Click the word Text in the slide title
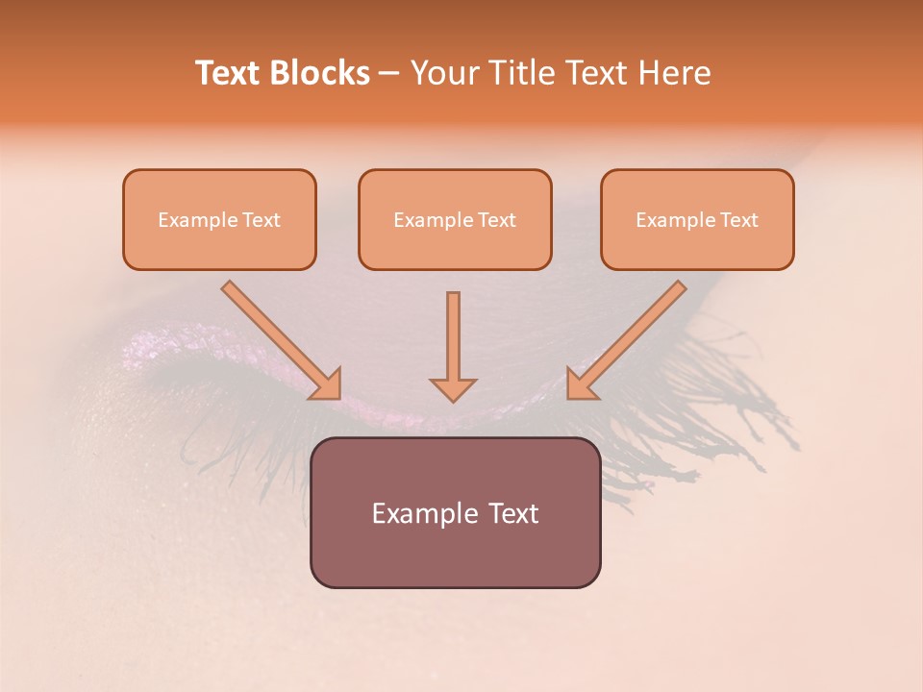click(228, 73)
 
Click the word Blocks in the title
click(319, 73)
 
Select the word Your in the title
click(444, 73)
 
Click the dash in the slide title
click(389, 74)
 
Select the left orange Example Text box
click(219, 220)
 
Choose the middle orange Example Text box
click(455, 220)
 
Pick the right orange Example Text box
click(697, 220)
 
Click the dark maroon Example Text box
click(455, 512)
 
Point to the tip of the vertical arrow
click(453, 398)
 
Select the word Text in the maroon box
click(513, 513)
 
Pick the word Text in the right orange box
click(738, 220)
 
